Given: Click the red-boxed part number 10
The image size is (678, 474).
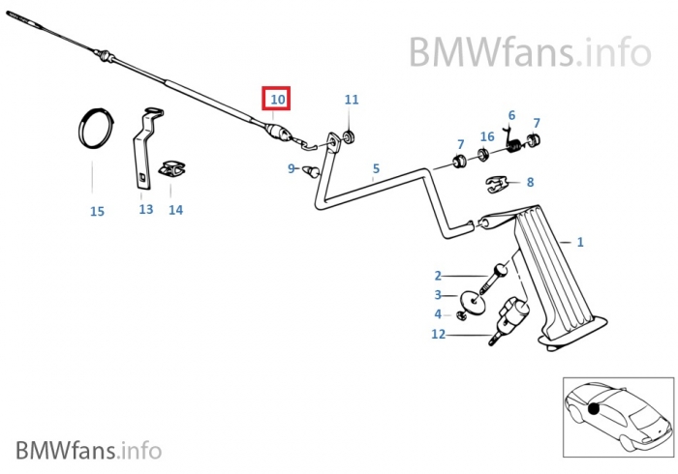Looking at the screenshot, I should pos(278,100).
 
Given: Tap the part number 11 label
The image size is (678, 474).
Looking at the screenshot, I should pos(351,100).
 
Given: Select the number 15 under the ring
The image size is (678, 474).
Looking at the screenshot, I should pos(97,211).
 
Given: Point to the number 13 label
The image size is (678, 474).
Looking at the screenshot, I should pos(146,209).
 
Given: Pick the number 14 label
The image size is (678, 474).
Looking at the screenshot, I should pos(175,209).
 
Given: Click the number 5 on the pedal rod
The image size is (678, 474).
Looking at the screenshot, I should pos(376,168).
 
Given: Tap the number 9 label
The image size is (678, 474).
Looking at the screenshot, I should pos(291,169).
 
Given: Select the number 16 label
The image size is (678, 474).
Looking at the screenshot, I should pos(487,136).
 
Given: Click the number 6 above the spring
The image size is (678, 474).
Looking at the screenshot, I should pos(511,115).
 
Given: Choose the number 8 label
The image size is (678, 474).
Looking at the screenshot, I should pos(530,181).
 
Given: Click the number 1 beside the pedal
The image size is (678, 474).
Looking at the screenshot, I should pos(580,242).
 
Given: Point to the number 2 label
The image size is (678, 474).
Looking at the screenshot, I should pos(438,276).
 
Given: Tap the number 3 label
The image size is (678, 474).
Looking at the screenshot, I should pos(438,295).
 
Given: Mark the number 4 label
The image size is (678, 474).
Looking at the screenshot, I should pos(438,314).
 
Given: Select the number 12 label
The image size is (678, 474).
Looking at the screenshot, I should pos(439,335).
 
